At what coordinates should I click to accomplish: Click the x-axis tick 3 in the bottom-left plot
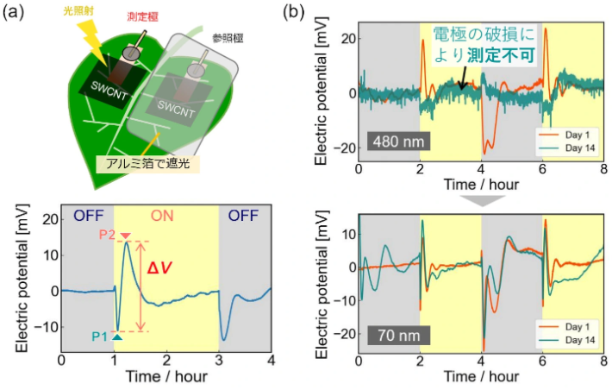(218, 358)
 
